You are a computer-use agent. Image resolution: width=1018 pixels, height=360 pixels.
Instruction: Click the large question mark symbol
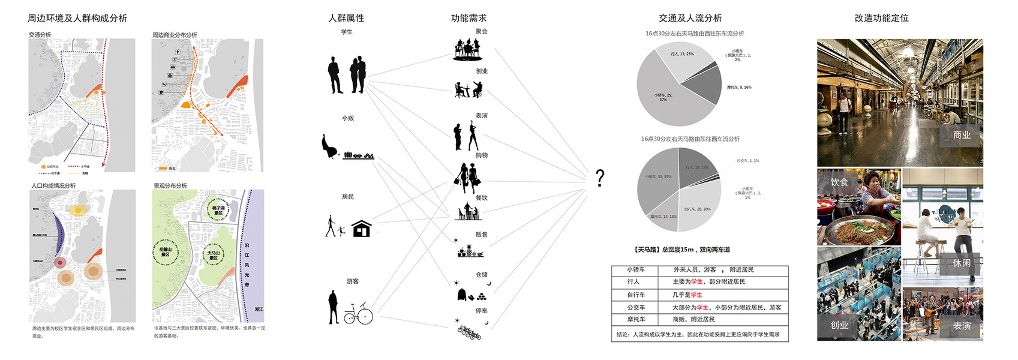pyautogui.click(x=600, y=178)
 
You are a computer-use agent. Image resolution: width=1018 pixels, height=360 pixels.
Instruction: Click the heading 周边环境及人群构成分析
pyautogui.click(x=77, y=19)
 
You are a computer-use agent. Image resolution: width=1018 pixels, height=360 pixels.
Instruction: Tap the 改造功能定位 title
pyautogui.click(x=881, y=18)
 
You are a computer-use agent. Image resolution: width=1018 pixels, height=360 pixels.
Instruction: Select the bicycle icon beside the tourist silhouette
pyautogui.click(x=358, y=314)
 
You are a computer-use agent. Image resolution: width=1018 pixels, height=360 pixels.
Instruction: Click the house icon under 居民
pyautogui.click(x=361, y=229)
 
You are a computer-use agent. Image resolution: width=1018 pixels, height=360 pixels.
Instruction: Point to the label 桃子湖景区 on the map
pyautogui.click(x=218, y=211)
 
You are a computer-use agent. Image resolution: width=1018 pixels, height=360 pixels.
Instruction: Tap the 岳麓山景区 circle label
pyautogui.click(x=165, y=252)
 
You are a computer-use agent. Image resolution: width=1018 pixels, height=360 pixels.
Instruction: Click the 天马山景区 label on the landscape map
pyautogui.click(x=214, y=255)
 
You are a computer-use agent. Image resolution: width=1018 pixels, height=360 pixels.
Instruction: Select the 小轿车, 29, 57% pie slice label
pyautogui.click(x=663, y=97)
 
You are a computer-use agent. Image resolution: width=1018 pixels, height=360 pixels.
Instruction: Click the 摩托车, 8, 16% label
pyautogui.click(x=739, y=88)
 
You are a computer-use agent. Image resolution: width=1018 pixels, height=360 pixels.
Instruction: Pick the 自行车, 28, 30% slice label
pyautogui.click(x=697, y=209)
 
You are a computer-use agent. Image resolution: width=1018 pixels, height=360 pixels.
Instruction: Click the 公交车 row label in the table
pyautogui.click(x=636, y=307)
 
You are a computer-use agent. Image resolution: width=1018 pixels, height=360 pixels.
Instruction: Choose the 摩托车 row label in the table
pyautogui.click(x=636, y=319)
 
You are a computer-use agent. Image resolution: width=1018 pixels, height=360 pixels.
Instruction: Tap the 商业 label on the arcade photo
pyautogui.click(x=962, y=136)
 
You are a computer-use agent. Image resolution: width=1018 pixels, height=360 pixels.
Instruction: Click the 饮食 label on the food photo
pyautogui.click(x=839, y=182)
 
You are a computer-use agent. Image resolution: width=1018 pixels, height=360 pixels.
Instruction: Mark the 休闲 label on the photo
pyautogui.click(x=962, y=263)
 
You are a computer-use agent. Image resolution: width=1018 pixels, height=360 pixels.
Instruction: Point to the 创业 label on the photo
pyautogui.click(x=839, y=325)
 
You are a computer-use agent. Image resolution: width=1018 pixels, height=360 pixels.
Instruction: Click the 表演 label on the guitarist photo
pyautogui.click(x=962, y=326)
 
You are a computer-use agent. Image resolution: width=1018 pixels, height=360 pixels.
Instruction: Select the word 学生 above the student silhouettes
pyautogui.click(x=347, y=32)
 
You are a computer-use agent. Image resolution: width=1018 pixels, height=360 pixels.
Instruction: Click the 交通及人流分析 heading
pyautogui.click(x=690, y=18)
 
